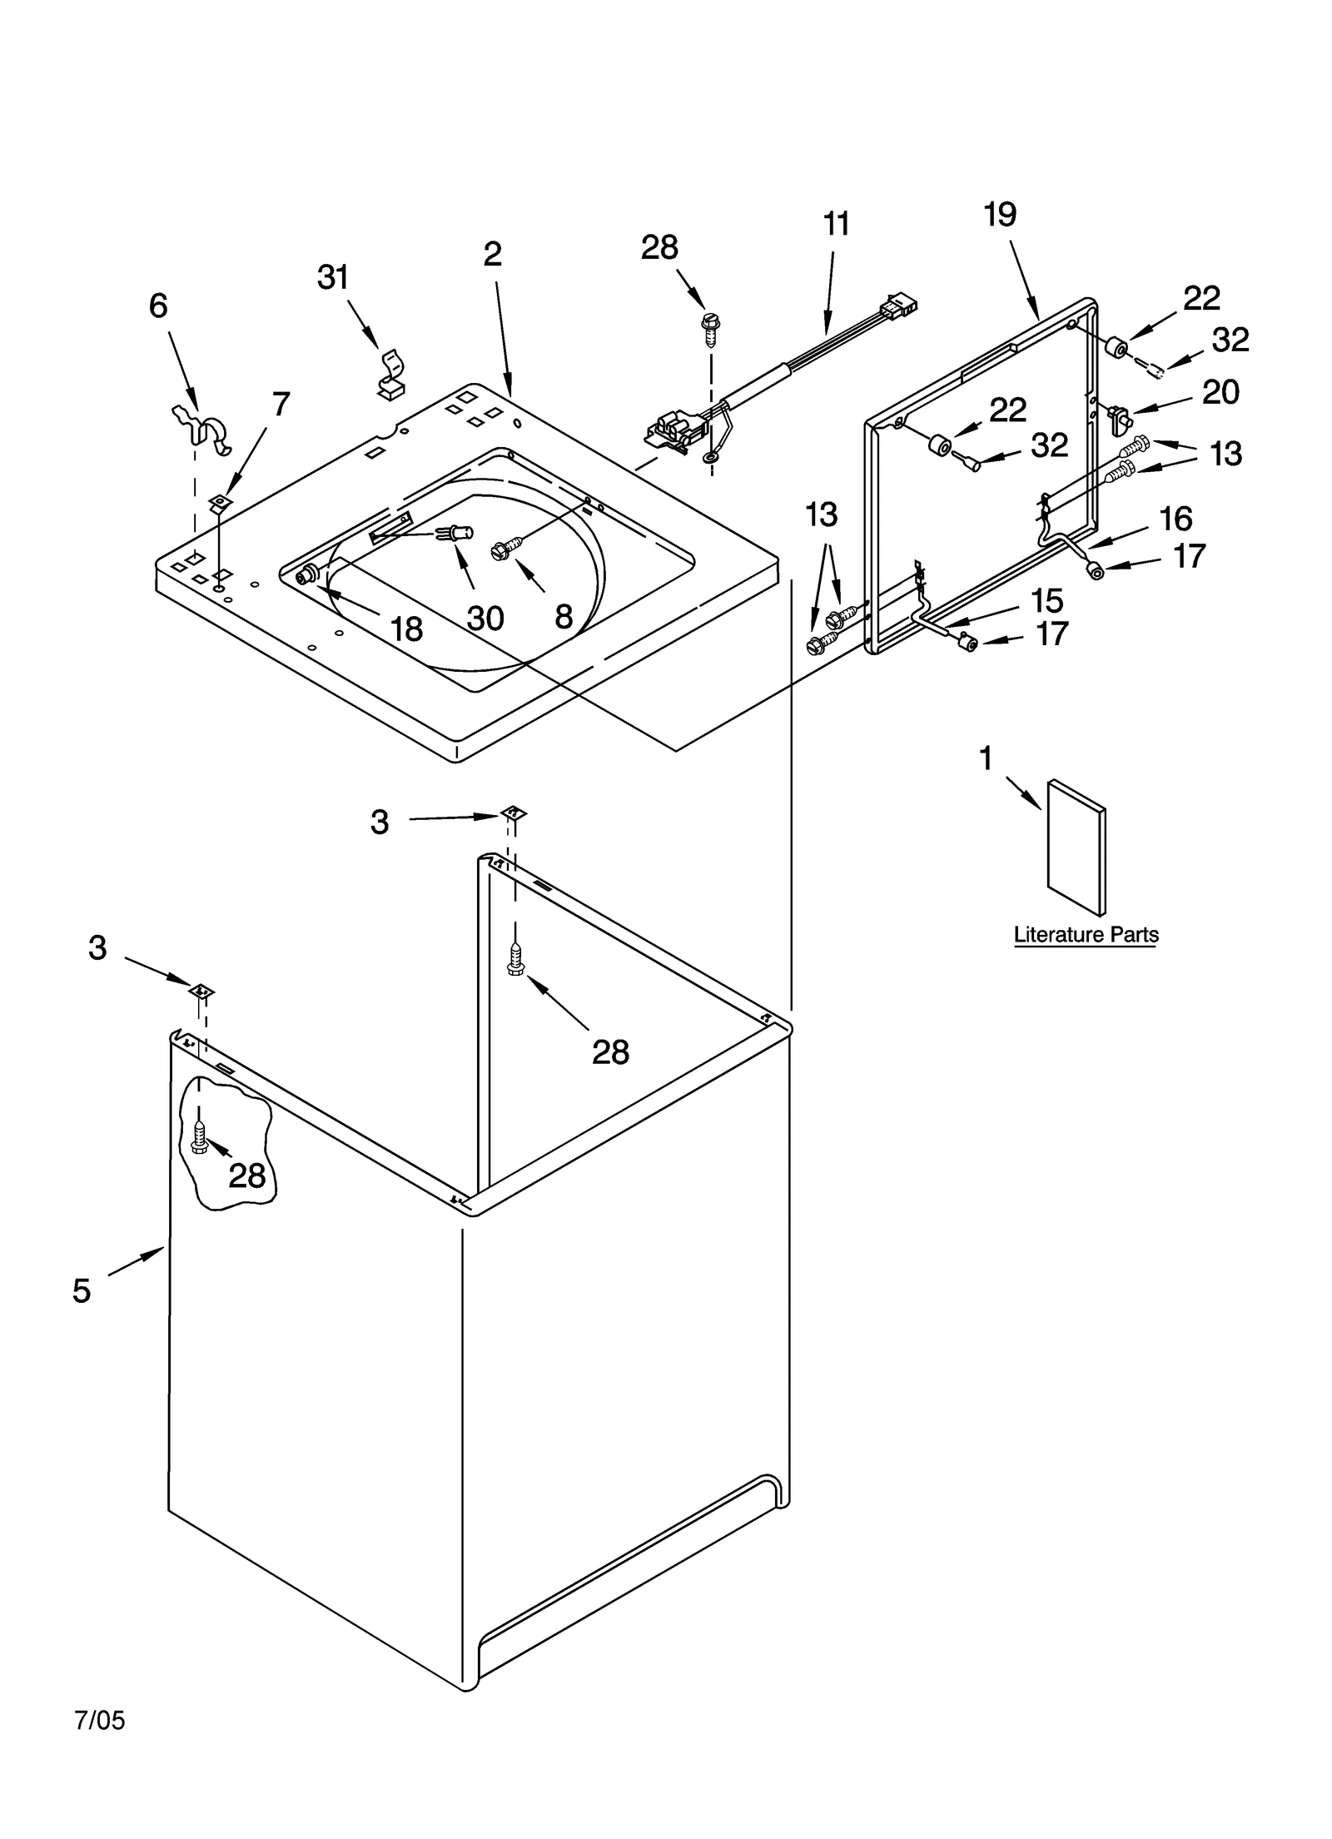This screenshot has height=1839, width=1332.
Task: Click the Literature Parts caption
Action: [1086, 934]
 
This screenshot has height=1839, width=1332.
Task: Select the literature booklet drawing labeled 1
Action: [1076, 846]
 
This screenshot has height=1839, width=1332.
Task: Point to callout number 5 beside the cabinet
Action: [81, 1290]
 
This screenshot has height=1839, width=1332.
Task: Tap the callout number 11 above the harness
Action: [837, 224]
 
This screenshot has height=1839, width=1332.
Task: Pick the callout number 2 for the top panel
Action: [492, 254]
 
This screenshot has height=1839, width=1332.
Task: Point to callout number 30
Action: [485, 618]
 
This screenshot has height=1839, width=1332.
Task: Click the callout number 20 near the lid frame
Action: [1220, 392]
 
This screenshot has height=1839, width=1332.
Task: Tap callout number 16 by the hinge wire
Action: [1175, 518]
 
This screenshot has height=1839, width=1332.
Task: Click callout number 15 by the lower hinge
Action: [1046, 599]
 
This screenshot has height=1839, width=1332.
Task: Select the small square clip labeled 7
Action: [220, 502]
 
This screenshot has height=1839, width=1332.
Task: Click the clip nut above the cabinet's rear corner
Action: [514, 813]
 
